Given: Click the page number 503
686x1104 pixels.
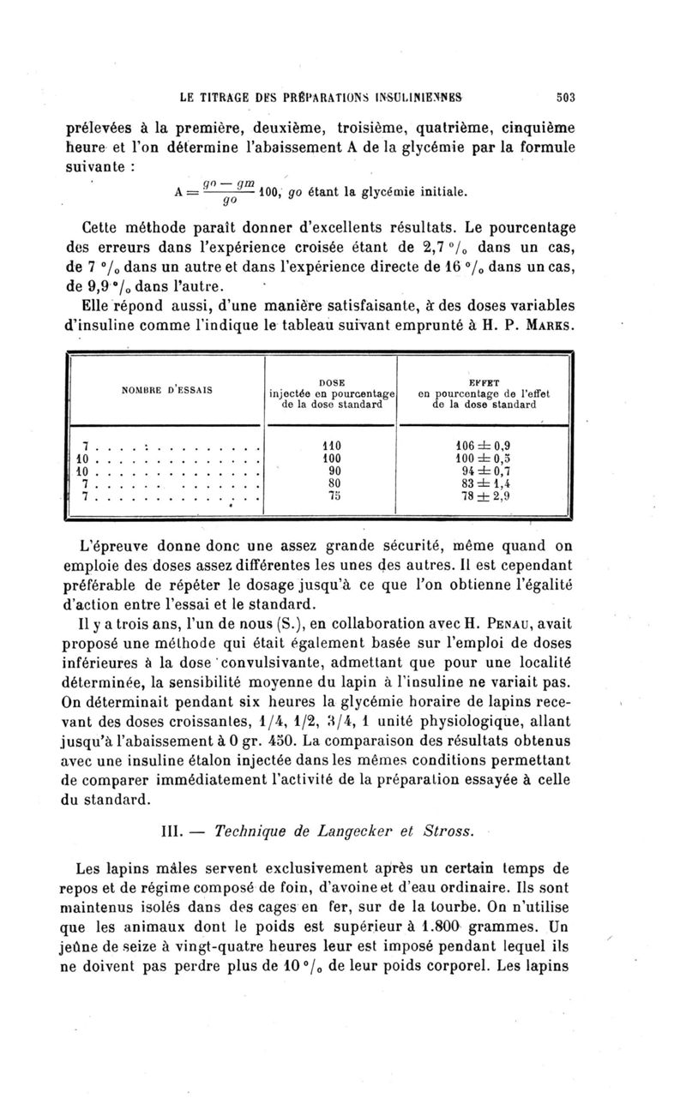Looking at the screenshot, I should tap(564, 97).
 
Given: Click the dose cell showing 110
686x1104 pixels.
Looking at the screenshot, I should tap(331, 445).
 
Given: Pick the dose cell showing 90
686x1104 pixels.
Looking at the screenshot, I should tap(331, 470).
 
